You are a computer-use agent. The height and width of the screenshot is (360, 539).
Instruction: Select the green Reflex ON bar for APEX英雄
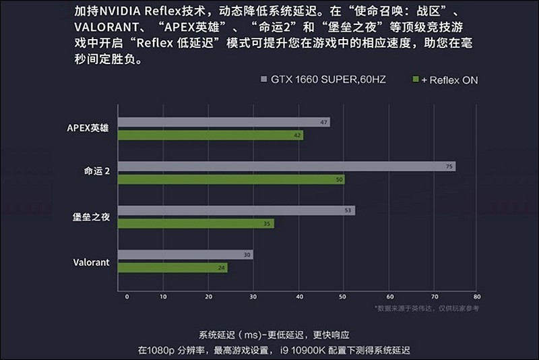[x=210, y=136]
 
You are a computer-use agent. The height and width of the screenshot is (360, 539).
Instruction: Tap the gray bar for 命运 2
[x=286, y=167]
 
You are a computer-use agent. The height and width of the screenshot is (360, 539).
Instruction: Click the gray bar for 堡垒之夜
[x=236, y=210]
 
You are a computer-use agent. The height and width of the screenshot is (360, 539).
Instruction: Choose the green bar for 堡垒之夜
[x=195, y=223]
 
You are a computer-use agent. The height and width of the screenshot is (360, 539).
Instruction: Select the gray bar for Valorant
[x=185, y=255]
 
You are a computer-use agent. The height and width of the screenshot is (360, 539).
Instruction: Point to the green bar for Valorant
[x=172, y=268]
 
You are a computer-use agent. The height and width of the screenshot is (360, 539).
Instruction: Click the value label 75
[x=449, y=167]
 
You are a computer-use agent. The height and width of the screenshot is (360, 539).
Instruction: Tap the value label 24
[x=221, y=268]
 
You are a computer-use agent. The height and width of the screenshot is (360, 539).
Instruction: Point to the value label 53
[x=348, y=210]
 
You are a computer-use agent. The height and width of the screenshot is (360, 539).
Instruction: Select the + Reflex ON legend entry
[x=445, y=80]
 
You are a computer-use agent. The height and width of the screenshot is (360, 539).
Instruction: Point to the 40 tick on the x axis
[x=298, y=296]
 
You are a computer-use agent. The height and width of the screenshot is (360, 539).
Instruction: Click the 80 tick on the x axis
[x=476, y=296]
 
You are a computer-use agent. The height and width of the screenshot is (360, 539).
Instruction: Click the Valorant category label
[x=91, y=262]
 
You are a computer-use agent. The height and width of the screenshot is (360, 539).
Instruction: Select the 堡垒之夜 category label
[x=91, y=217]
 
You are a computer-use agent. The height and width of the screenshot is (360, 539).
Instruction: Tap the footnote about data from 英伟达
[x=427, y=308]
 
